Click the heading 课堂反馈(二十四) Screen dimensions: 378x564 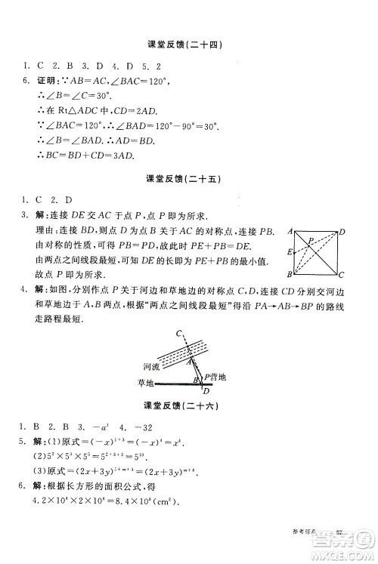(189, 45)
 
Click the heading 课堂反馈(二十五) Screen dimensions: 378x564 (189, 180)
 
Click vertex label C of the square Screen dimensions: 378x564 (342, 275)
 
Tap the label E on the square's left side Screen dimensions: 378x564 (290, 252)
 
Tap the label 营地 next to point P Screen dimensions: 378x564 (222, 375)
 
